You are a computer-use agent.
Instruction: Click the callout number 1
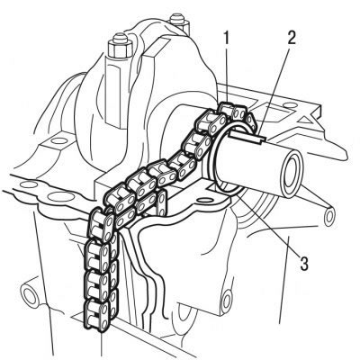click(227, 38)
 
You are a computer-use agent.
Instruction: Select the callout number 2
click(290, 38)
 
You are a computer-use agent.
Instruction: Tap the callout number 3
click(303, 263)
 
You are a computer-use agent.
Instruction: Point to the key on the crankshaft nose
click(247, 138)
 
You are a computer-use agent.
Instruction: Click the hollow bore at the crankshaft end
click(291, 174)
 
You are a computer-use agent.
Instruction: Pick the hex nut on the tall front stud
click(119, 49)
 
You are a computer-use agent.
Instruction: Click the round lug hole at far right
click(329, 217)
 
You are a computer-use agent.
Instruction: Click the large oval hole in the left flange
click(62, 197)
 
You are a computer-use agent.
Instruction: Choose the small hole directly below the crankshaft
click(204, 200)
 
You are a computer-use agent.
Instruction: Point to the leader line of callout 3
click(270, 226)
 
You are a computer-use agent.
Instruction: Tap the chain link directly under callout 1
click(227, 111)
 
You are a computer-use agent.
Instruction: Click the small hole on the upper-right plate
click(288, 105)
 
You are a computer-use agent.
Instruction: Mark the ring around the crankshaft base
click(213, 156)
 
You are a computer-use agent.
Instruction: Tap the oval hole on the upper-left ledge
click(58, 140)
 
